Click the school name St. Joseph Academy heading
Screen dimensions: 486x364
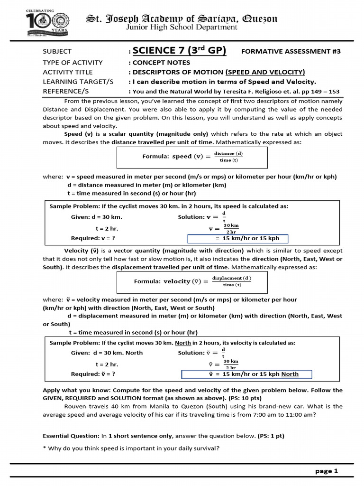182,19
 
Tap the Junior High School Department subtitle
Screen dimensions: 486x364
182,28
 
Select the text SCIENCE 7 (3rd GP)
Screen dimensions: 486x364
179,51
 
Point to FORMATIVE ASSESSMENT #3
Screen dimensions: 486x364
291,51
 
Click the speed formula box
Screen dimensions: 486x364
192,157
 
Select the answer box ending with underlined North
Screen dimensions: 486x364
246,374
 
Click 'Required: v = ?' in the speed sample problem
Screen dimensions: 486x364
93,238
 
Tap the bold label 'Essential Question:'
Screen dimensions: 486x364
71,436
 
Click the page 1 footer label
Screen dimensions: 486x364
327,471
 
